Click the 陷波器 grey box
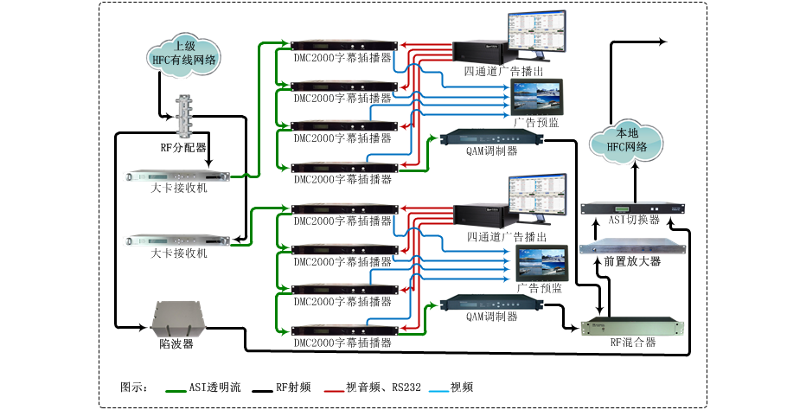[x=176, y=318]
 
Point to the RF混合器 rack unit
[x=632, y=327]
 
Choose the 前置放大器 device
[x=632, y=247]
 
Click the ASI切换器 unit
[x=632, y=208]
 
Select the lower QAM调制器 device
[x=492, y=304]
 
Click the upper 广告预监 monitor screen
[x=537, y=97]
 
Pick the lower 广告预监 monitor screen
[x=541, y=264]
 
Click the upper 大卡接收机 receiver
[x=178, y=176]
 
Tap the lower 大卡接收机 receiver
[x=178, y=240]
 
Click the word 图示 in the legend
[x=131, y=387]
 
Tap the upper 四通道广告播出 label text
[x=503, y=71]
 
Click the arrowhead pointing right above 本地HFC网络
[x=662, y=42]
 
